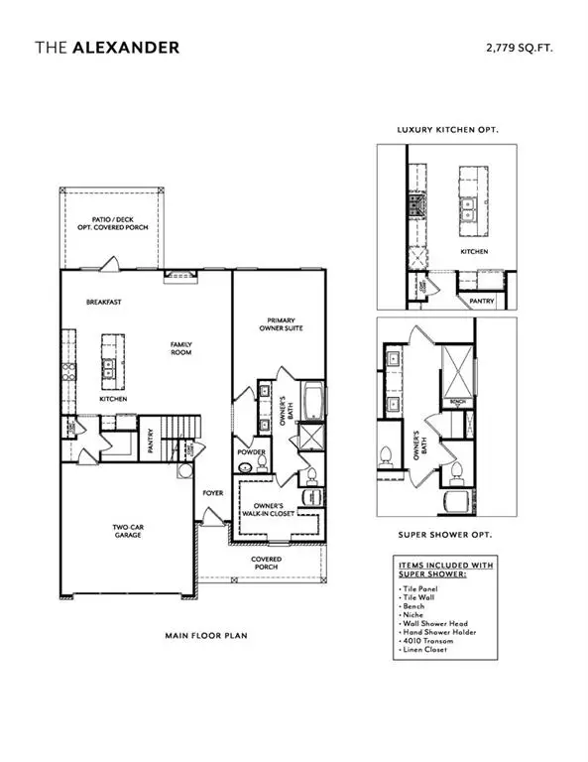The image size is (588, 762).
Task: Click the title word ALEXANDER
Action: coord(126,46)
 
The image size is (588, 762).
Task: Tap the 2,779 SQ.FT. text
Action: coord(520,46)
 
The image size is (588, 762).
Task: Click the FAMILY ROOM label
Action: coord(180,348)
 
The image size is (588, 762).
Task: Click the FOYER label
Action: coord(213,492)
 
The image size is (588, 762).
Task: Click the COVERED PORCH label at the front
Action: coord(266,563)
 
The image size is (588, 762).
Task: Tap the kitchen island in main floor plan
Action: coord(109,363)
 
